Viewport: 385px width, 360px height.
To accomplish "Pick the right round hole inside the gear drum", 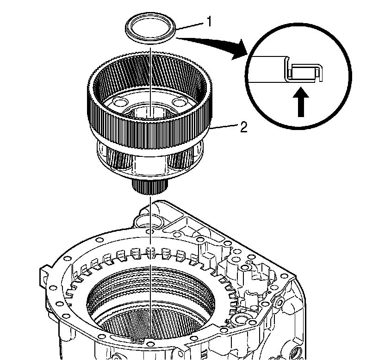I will tap(178, 102).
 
